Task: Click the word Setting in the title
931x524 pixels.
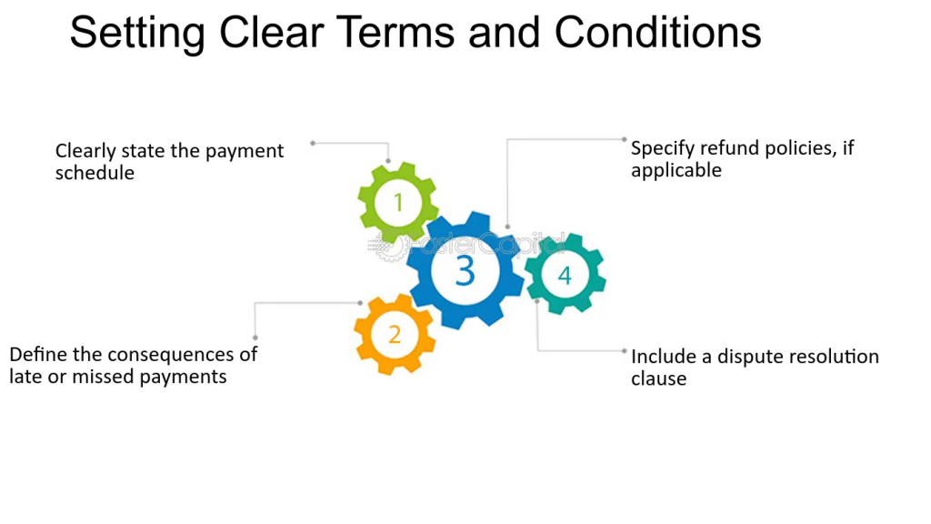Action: [137, 34]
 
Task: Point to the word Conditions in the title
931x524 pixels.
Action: [658, 32]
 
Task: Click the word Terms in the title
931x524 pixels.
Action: [396, 32]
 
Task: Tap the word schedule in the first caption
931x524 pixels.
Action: [95, 173]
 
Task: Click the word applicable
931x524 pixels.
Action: [676, 170]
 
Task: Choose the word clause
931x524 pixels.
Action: [658, 378]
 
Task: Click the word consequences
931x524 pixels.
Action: [171, 355]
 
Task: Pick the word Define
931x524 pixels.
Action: [38, 355]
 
